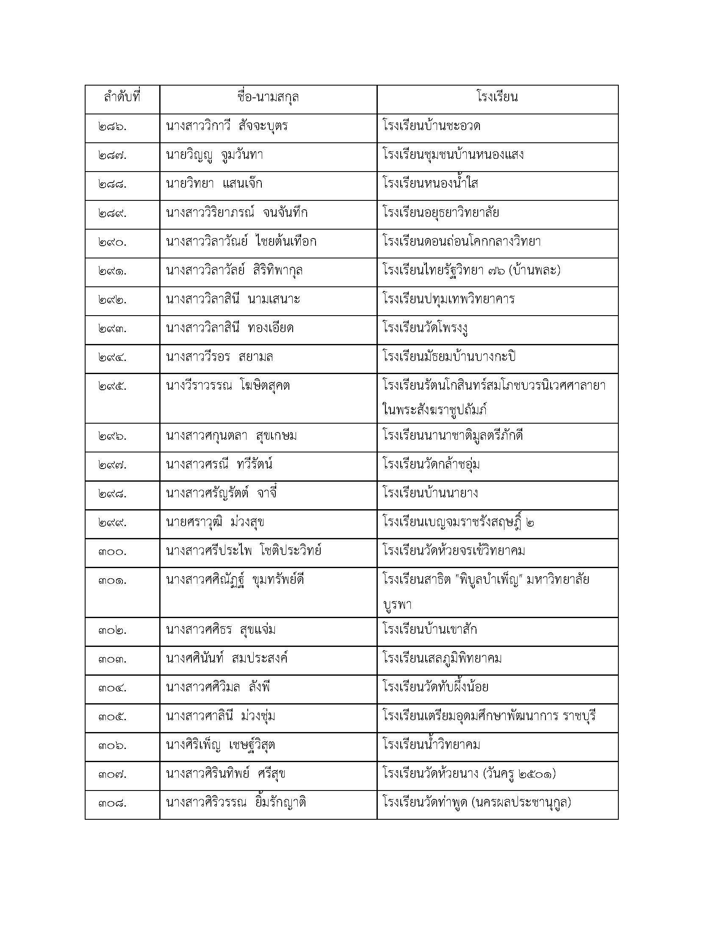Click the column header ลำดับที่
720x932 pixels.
122,98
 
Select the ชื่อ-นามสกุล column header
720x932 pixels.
268,98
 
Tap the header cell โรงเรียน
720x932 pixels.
497,98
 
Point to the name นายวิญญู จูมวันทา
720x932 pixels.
214,155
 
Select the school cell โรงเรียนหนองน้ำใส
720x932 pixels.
430,184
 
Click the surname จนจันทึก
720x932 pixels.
282,213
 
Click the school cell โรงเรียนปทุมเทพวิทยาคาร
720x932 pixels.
449,299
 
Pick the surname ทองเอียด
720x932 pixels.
271,328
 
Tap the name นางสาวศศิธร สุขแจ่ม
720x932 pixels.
221,630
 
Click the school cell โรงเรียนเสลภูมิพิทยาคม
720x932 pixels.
442,658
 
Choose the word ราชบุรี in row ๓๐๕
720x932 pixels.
579,716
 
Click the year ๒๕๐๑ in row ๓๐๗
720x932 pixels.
535,774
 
